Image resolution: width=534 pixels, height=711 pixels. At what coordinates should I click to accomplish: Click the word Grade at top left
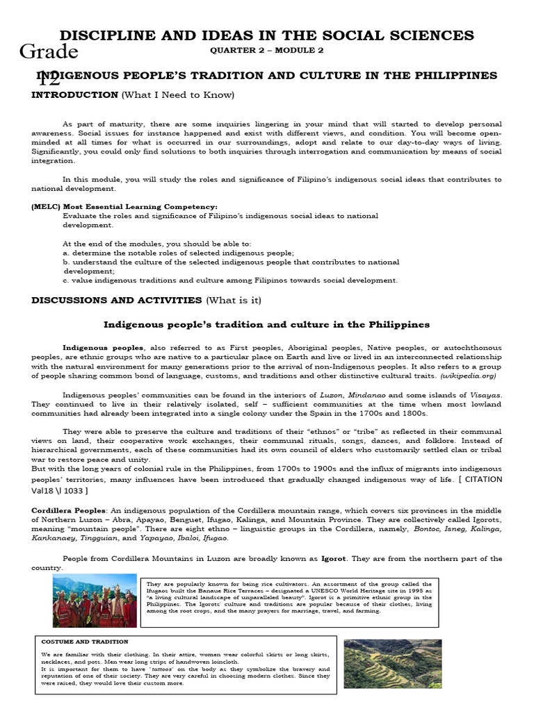coord(49,51)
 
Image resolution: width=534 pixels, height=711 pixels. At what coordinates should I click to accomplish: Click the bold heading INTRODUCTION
coord(74,94)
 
